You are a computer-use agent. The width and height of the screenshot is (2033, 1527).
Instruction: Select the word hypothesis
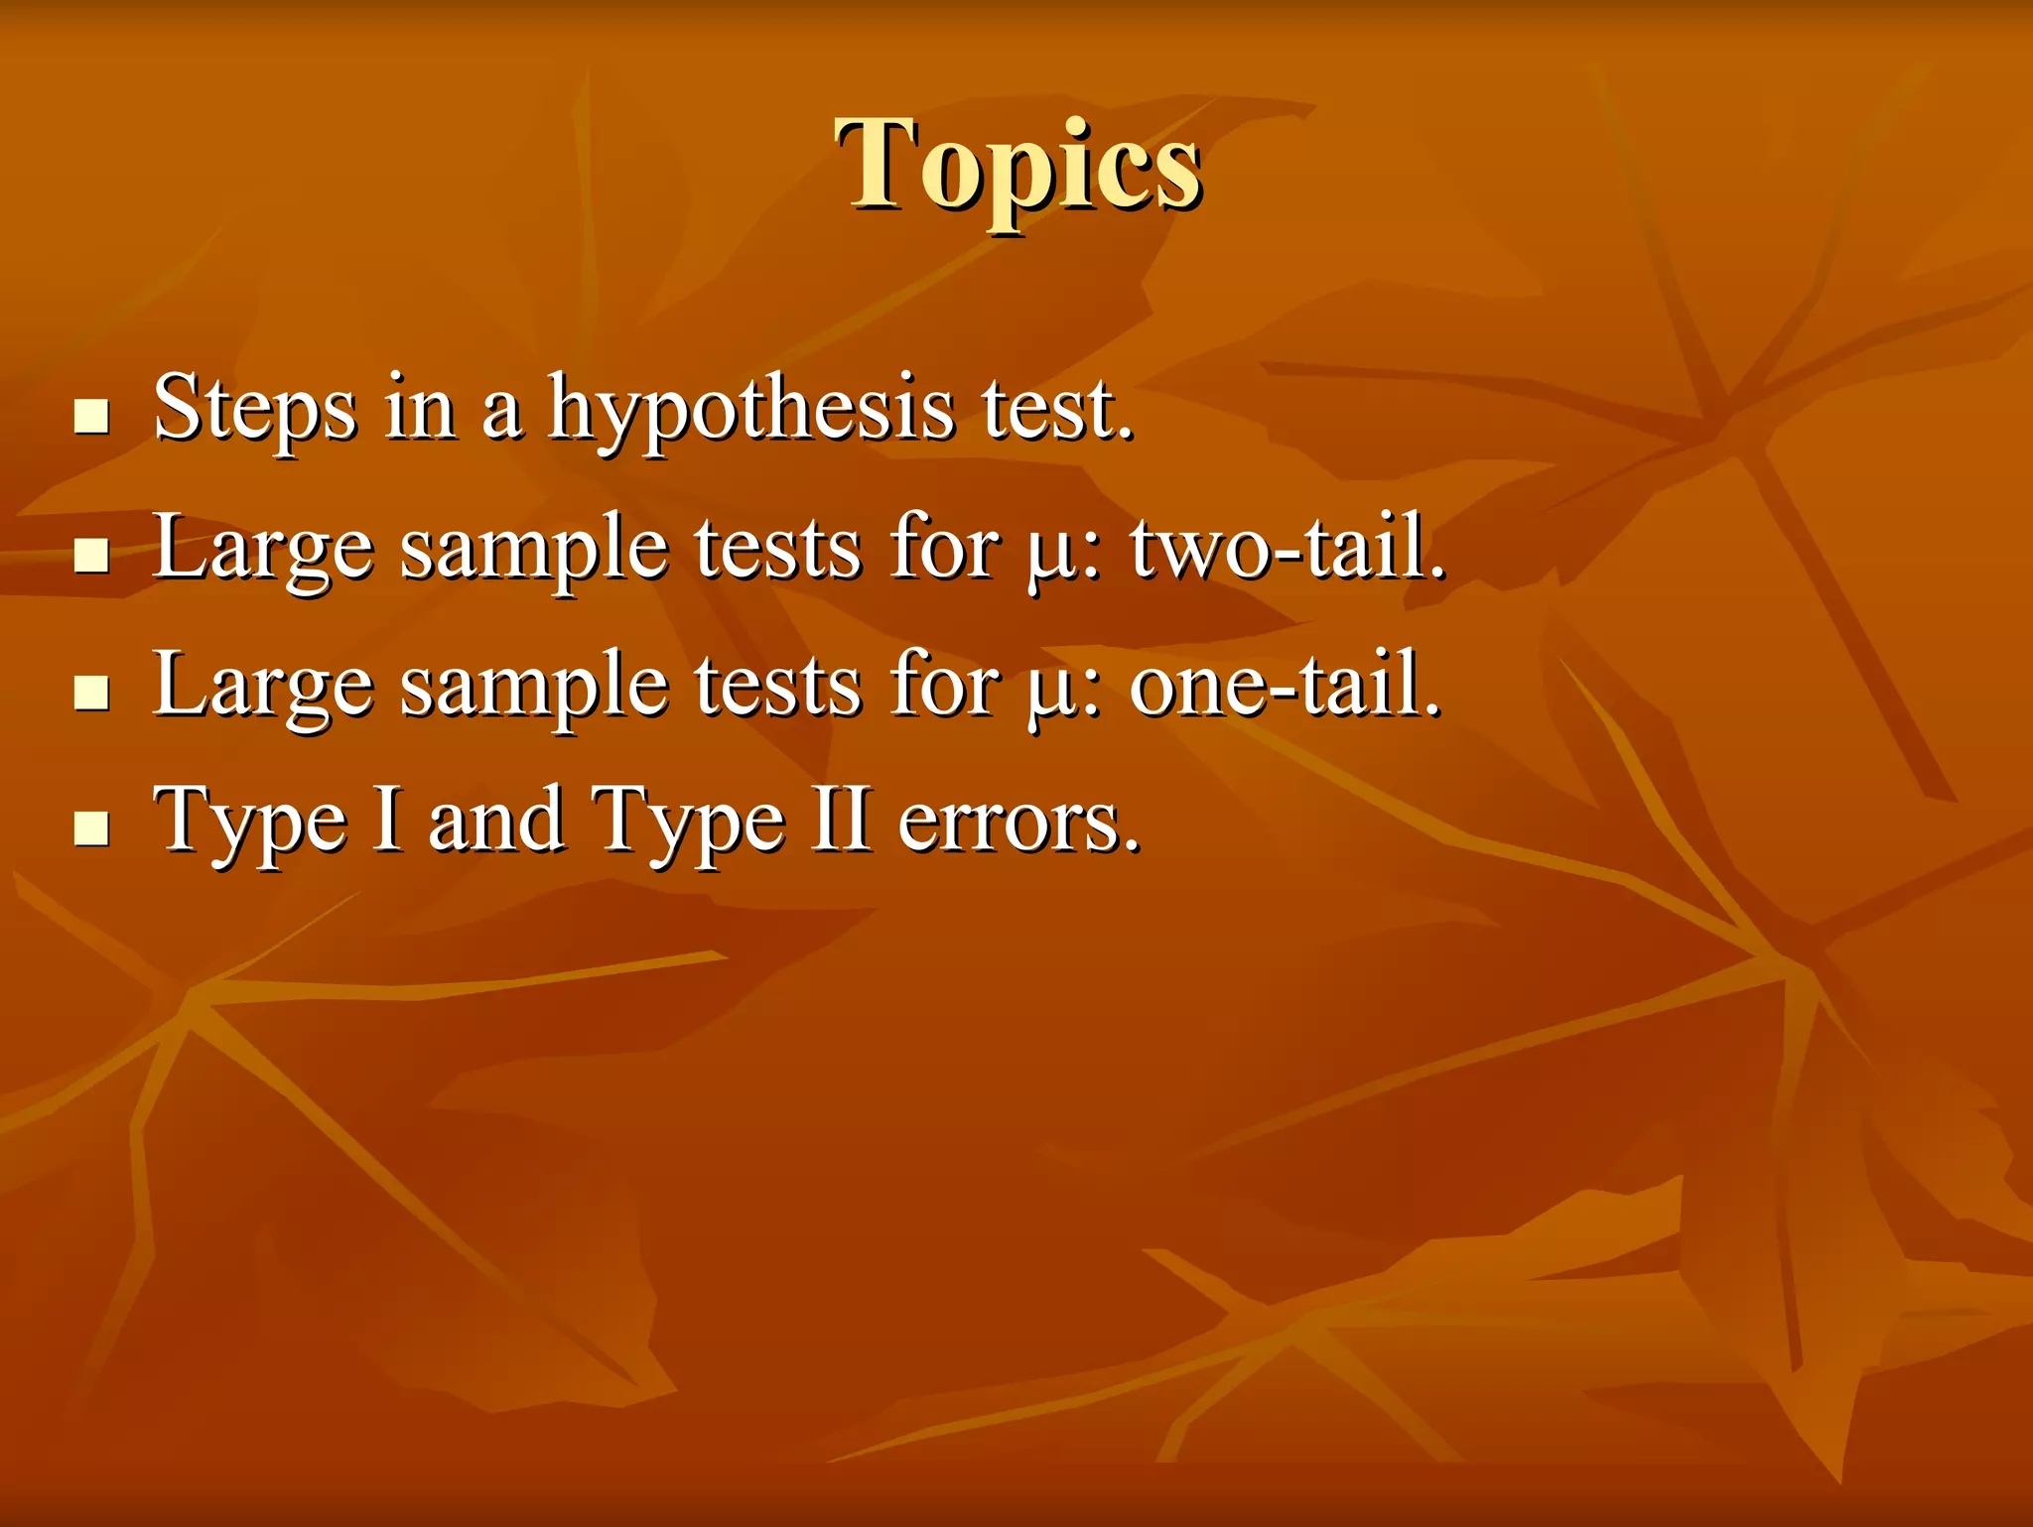click(750, 410)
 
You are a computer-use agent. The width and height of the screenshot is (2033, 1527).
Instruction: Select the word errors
click(1018, 823)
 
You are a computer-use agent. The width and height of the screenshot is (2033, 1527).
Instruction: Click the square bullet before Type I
click(91, 827)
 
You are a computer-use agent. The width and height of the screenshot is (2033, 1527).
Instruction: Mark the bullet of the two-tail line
click(91, 555)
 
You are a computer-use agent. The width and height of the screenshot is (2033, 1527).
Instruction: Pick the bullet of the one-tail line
click(91, 692)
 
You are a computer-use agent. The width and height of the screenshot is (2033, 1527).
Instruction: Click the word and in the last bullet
click(495, 821)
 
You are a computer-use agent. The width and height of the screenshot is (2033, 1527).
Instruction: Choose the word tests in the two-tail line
click(777, 549)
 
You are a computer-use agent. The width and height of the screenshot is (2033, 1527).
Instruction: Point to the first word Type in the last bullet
click(250, 823)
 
